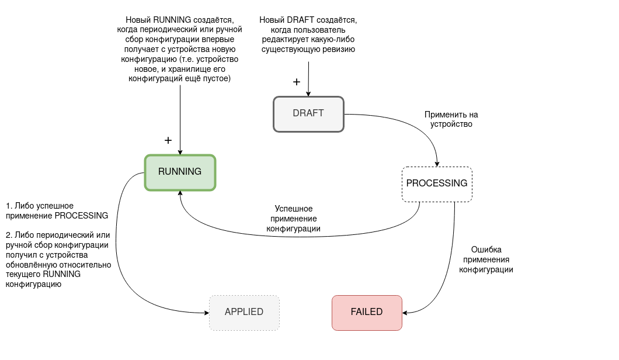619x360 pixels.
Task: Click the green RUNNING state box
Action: point(180,172)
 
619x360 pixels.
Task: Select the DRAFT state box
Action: point(308,113)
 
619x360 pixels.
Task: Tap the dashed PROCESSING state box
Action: point(437,184)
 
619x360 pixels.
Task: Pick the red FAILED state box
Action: point(367,312)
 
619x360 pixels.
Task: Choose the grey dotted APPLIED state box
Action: point(244,312)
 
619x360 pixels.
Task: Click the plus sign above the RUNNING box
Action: point(168,140)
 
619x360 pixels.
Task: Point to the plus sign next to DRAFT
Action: point(297,82)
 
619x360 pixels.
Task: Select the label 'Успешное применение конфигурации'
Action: point(294,219)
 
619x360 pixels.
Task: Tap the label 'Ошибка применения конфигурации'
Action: point(486,259)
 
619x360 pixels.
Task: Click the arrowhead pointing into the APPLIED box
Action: point(206,313)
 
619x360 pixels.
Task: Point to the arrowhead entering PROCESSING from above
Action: point(437,164)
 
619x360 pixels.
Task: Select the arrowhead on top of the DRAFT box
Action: point(308,94)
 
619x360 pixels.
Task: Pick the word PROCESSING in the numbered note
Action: point(81,216)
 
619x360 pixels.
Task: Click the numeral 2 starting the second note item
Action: point(8,235)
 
